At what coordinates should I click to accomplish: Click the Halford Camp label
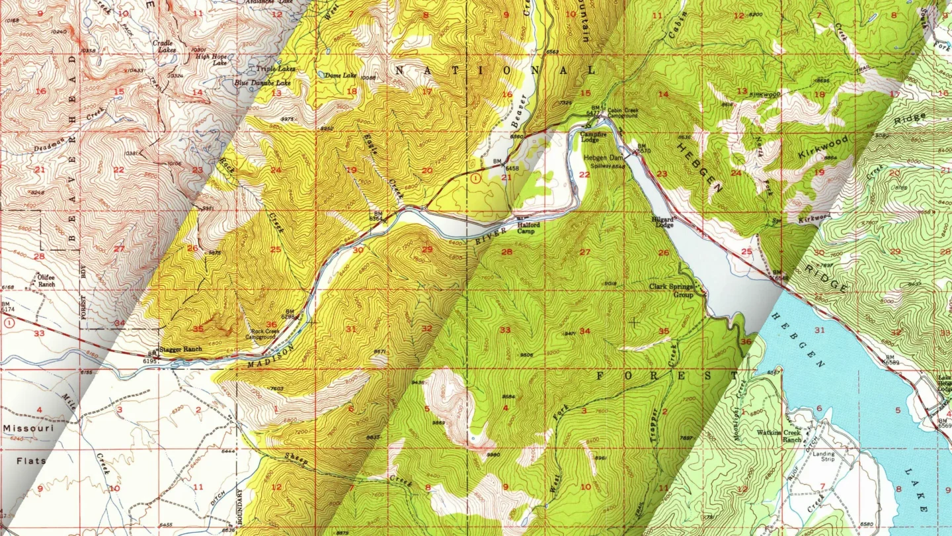pyautogui.click(x=528, y=228)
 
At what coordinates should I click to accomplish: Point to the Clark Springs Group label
pyautogui.click(x=671, y=290)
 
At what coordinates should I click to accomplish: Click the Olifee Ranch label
pyautogui.click(x=42, y=281)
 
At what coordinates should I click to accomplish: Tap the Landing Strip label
pyautogui.click(x=824, y=458)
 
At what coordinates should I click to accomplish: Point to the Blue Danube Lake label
pyautogui.click(x=262, y=83)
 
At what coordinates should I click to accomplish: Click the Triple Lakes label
pyautogui.click(x=276, y=69)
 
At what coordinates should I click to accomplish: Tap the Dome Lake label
pyautogui.click(x=340, y=75)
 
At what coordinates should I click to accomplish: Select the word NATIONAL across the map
pyautogui.click(x=496, y=69)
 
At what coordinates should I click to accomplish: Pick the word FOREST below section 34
pyautogui.click(x=668, y=375)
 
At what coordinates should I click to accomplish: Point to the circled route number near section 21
pyautogui.click(x=475, y=177)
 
